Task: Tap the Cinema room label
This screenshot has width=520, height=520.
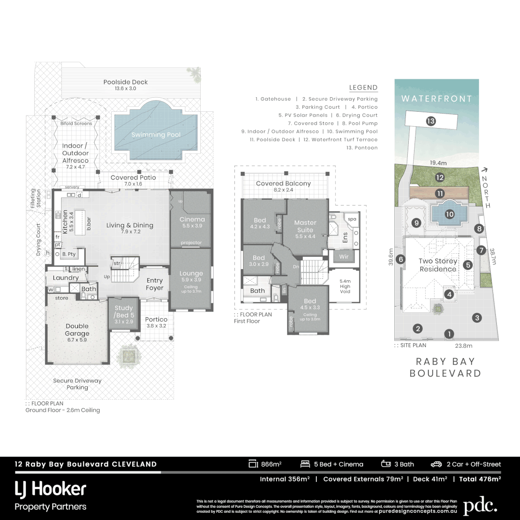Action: coord(192,219)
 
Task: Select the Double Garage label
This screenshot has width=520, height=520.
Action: coord(77,330)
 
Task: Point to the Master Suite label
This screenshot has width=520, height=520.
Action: coord(305,226)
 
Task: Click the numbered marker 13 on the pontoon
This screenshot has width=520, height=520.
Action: coord(430,121)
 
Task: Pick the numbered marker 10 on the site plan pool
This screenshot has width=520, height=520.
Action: coord(449,214)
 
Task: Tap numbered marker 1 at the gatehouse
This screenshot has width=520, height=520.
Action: coord(449,333)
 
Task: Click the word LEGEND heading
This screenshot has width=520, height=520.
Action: coord(363,88)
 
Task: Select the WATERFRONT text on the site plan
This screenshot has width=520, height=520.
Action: coord(437,99)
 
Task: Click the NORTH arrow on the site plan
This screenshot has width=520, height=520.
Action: coord(484,169)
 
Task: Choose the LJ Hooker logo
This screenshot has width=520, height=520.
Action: coord(51,489)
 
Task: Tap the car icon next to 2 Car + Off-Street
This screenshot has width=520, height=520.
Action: coord(436,464)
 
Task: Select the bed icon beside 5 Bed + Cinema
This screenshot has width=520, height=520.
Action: coord(304,464)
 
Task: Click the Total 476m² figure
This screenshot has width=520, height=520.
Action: coord(480,479)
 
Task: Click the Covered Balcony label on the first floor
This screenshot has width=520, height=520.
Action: coord(283,183)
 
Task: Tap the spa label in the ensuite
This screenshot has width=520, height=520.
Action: coord(352,219)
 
